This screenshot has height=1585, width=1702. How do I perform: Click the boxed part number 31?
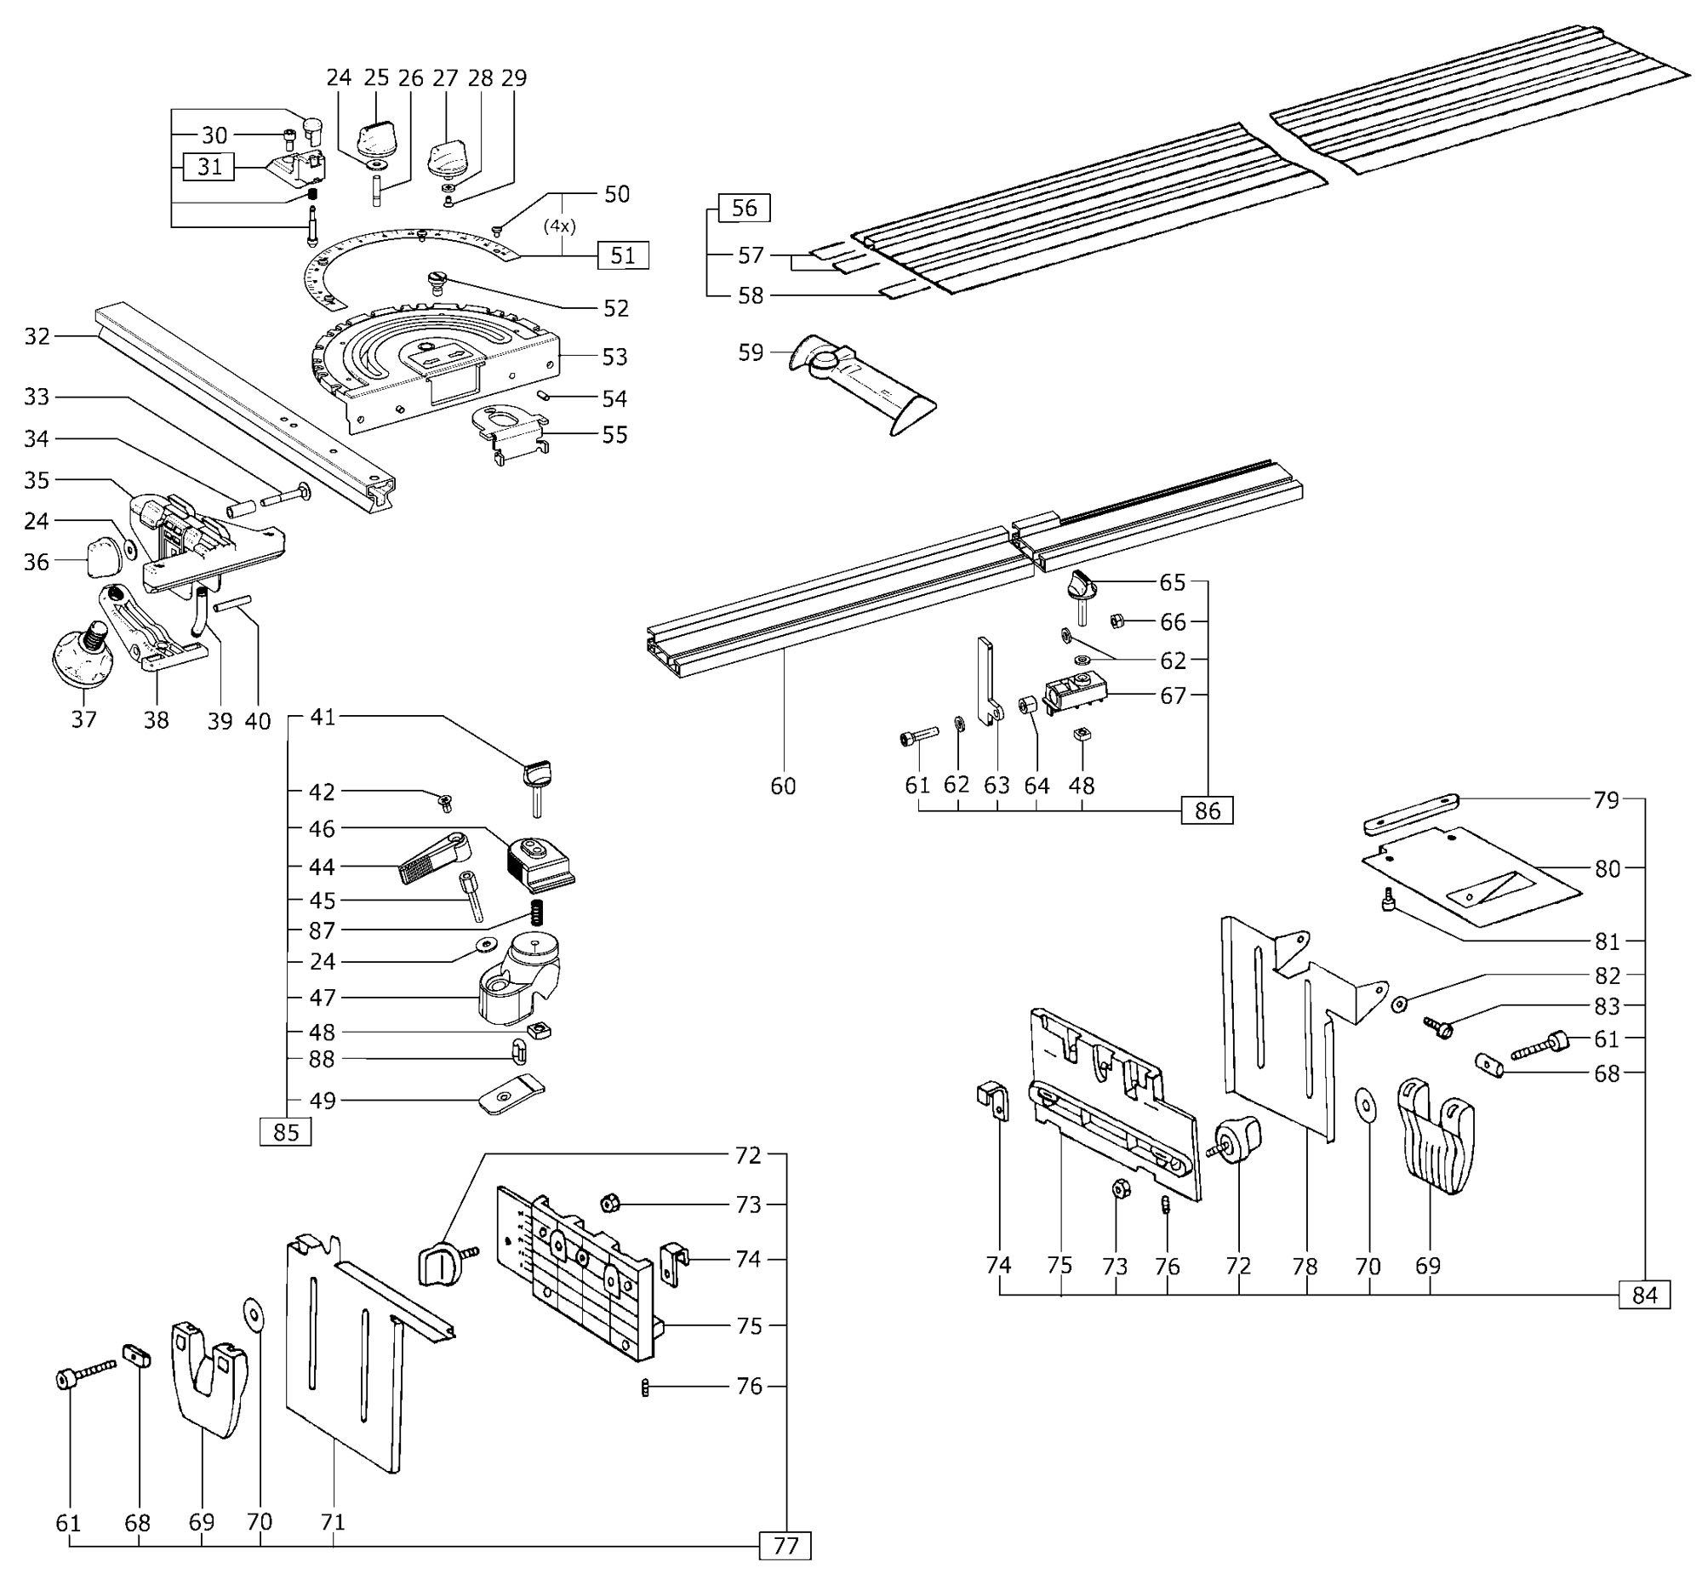209,167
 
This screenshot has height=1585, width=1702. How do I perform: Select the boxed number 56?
744,208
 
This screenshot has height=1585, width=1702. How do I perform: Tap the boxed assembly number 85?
286,1132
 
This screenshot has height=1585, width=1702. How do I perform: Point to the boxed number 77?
785,1546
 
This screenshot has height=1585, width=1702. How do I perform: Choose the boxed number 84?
1645,1295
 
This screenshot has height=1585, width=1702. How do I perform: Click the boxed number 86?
1208,810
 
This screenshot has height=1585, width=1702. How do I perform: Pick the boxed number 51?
623,255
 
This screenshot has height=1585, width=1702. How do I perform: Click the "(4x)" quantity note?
560,227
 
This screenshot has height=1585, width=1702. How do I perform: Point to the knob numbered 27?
445,155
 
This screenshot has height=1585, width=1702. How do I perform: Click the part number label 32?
37,336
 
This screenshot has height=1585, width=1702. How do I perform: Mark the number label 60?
783,785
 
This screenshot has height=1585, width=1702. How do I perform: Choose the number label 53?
614,356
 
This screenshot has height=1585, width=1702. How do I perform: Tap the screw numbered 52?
438,282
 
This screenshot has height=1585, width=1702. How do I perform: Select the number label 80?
1608,868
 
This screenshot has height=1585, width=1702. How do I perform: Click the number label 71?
332,1521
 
